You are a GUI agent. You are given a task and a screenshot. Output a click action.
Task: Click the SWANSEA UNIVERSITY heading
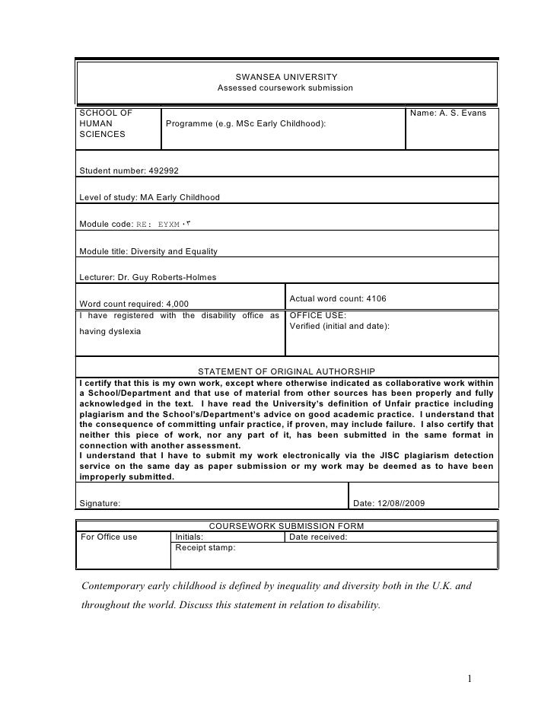point(285,78)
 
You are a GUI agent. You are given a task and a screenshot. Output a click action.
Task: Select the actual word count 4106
point(338,298)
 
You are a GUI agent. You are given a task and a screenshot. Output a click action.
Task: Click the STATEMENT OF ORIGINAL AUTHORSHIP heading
point(285,371)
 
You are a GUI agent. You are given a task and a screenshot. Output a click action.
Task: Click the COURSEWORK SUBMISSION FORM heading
point(286,527)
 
